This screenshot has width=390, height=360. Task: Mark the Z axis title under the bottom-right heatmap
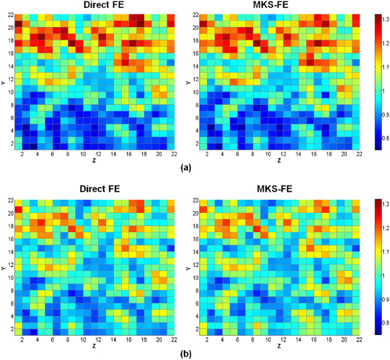pos(279,345)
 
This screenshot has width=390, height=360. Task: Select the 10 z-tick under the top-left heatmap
pos(83,154)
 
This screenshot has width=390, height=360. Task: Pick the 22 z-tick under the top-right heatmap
pos(356,154)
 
